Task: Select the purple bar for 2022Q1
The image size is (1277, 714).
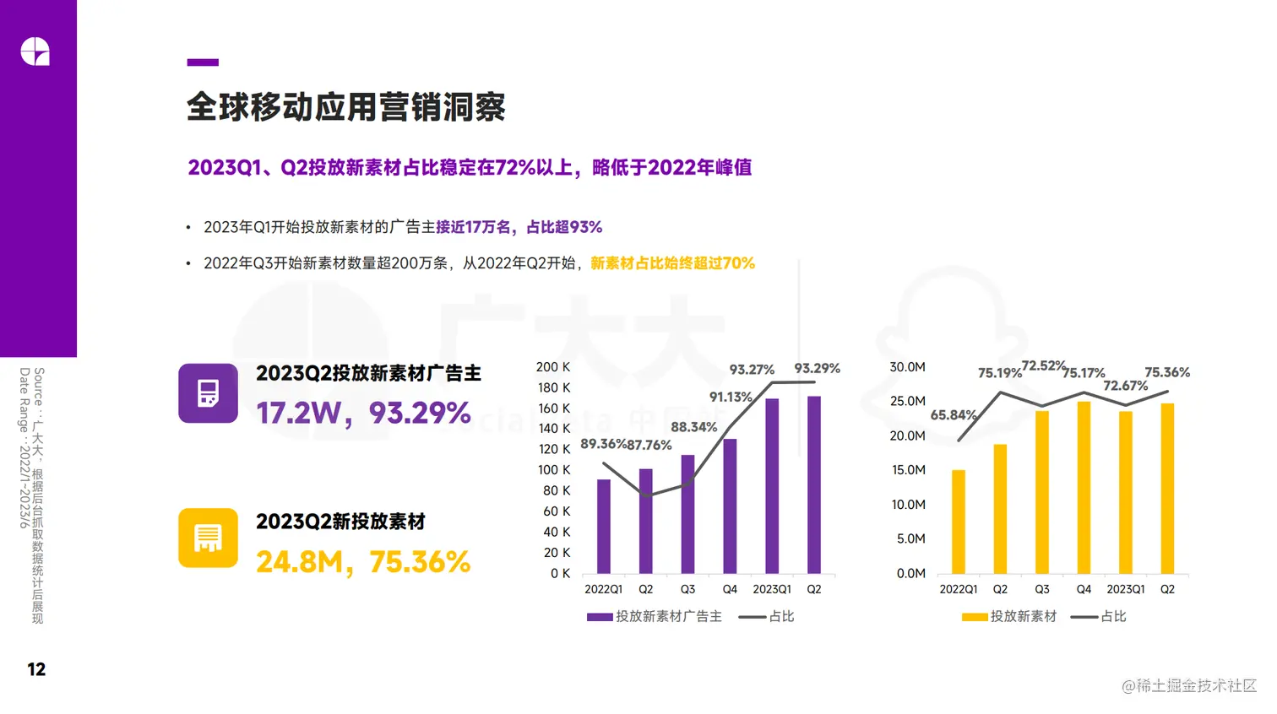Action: pos(603,527)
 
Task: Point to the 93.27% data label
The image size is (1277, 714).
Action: pos(752,370)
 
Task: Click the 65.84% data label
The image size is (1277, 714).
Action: pos(953,415)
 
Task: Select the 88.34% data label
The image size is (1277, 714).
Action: pos(693,427)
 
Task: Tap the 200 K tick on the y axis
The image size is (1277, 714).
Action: pos(552,367)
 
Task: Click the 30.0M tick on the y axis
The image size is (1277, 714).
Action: pos(907,367)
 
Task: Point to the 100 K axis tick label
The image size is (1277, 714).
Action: pos(553,470)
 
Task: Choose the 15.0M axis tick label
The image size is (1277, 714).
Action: pos(908,470)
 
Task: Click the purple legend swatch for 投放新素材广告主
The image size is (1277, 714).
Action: pos(600,617)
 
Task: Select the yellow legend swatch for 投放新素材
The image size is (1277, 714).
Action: pos(975,617)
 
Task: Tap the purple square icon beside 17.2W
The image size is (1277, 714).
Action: pos(208,393)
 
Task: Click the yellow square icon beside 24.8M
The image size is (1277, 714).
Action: pos(208,538)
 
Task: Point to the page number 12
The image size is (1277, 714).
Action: pos(36,669)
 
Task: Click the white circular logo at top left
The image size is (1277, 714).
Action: pos(35,51)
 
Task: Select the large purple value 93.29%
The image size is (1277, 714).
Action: pos(420,413)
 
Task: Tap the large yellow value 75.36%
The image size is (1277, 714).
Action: pos(420,562)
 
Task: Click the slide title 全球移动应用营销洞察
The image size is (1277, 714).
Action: pos(345,107)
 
